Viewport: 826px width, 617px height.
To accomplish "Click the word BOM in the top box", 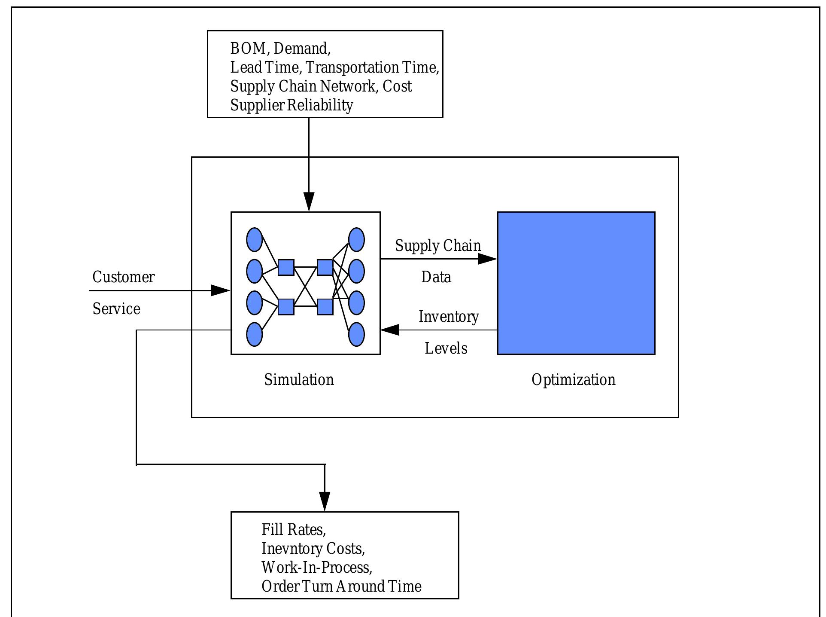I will point(248,49).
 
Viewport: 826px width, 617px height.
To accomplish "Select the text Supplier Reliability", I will point(292,105).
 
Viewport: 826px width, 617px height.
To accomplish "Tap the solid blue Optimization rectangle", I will point(576,283).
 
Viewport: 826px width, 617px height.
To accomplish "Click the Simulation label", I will point(299,380).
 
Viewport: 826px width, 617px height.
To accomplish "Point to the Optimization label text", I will point(573,380).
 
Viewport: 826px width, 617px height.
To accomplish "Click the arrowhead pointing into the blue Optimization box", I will point(488,259).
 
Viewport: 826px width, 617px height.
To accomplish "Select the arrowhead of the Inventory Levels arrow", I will point(390,330).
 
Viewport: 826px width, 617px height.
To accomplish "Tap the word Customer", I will point(123,277).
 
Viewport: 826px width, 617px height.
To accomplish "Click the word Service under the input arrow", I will point(116,309).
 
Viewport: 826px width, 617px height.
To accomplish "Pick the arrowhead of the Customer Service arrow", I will point(221,290).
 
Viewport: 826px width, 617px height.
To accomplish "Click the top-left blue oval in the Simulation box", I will point(254,240).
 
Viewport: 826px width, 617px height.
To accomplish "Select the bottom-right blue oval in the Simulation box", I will point(356,334).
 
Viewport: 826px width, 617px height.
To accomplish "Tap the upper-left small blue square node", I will point(286,267).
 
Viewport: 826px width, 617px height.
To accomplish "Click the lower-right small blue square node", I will point(325,307).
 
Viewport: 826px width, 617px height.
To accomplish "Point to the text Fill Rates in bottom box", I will point(294,530).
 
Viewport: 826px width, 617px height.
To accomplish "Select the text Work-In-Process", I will point(316,568).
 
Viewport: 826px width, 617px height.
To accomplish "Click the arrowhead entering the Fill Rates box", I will point(325,501).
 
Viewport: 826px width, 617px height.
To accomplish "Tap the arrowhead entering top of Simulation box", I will point(309,202).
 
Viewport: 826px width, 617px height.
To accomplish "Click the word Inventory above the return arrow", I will point(449,317).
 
